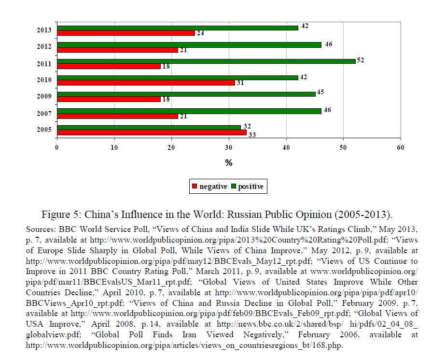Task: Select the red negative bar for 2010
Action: click(x=146, y=83)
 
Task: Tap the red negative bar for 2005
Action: click(x=152, y=132)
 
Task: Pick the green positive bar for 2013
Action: click(x=177, y=28)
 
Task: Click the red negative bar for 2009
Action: click(x=109, y=99)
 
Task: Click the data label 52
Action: click(x=360, y=60)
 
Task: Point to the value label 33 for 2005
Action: click(x=252, y=134)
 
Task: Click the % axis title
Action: click(x=229, y=163)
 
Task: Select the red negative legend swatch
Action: click(x=195, y=187)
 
